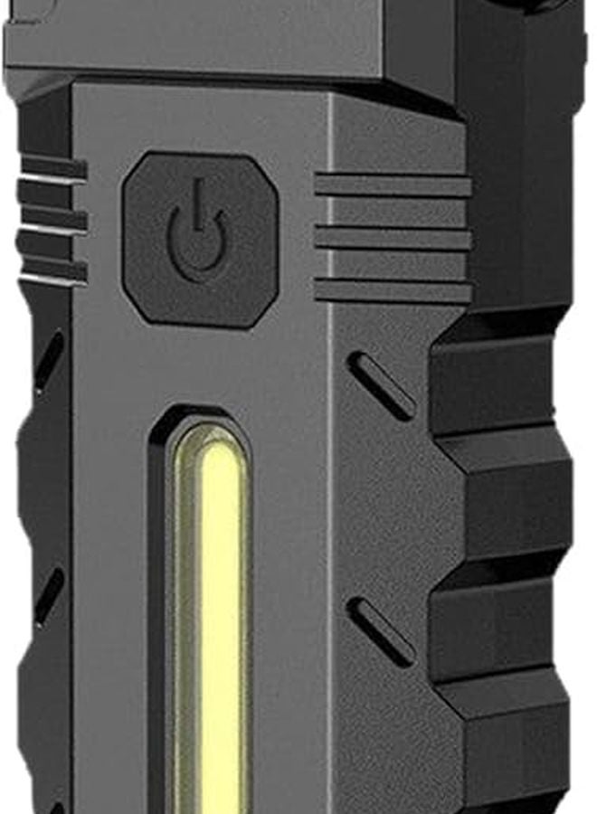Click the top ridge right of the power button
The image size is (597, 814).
click(393, 185)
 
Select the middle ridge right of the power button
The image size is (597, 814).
click(393, 238)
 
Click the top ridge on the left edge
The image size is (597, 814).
click(52, 166)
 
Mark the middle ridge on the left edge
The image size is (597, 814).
click(52, 218)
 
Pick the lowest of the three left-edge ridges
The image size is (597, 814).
click(52, 269)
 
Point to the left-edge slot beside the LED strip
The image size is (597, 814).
click(49, 592)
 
